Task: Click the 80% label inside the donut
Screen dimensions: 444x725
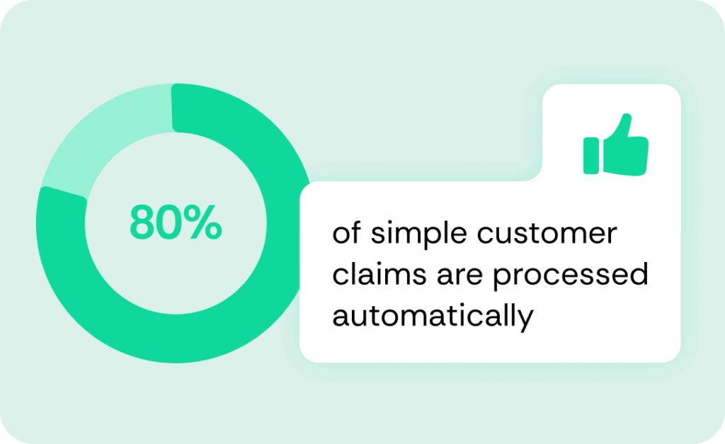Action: (175, 222)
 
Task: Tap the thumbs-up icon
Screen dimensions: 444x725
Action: (617, 146)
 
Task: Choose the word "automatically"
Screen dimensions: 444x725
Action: (432, 316)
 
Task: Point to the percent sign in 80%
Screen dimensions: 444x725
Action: (205, 222)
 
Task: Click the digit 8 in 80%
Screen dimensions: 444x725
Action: (142, 222)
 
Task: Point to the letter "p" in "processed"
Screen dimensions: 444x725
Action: (501, 279)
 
